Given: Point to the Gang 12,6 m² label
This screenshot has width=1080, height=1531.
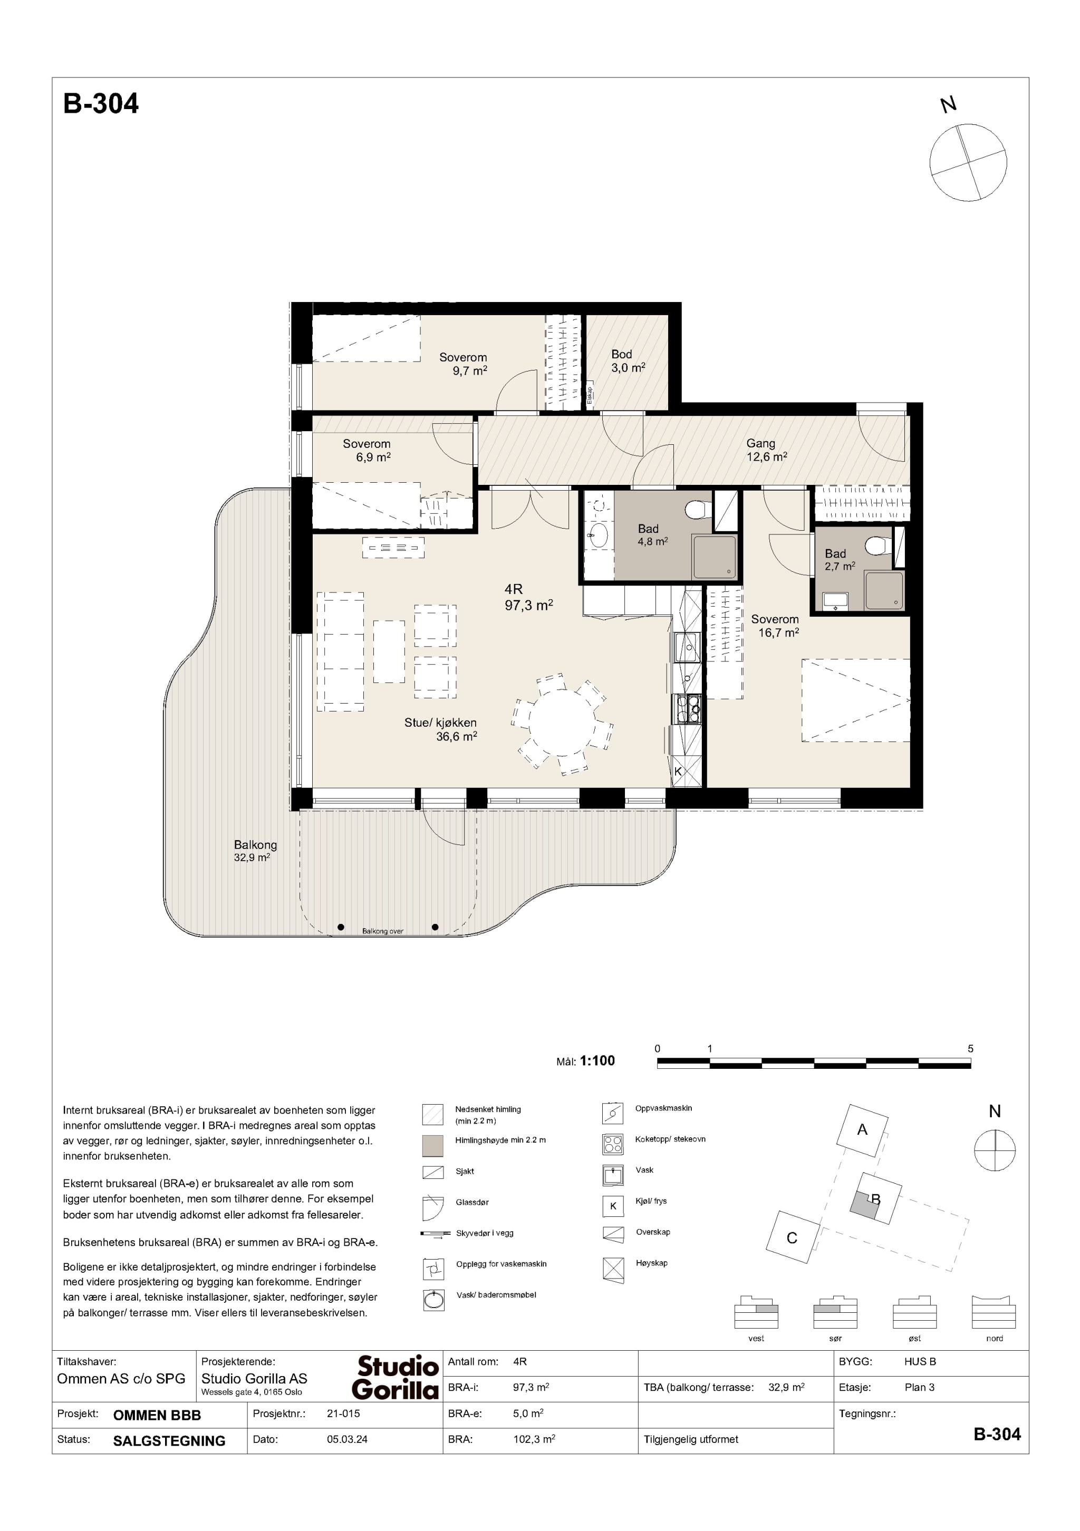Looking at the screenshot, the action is (766, 450).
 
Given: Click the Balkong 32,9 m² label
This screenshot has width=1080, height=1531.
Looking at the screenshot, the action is (255, 850).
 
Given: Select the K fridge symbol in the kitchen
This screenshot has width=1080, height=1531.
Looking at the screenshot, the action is (678, 772).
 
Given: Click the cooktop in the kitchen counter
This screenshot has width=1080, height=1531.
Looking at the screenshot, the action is (687, 709).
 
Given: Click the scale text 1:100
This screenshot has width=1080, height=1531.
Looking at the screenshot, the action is (597, 1060).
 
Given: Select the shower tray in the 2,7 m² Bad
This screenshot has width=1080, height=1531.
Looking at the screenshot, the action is (884, 590).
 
